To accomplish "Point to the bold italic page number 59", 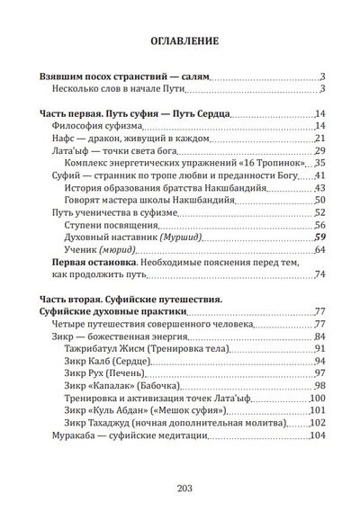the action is point(319,237).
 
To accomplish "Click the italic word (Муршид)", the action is point(179,237).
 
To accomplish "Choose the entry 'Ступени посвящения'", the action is point(112,224).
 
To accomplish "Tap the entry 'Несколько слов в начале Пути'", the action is point(120,89).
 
